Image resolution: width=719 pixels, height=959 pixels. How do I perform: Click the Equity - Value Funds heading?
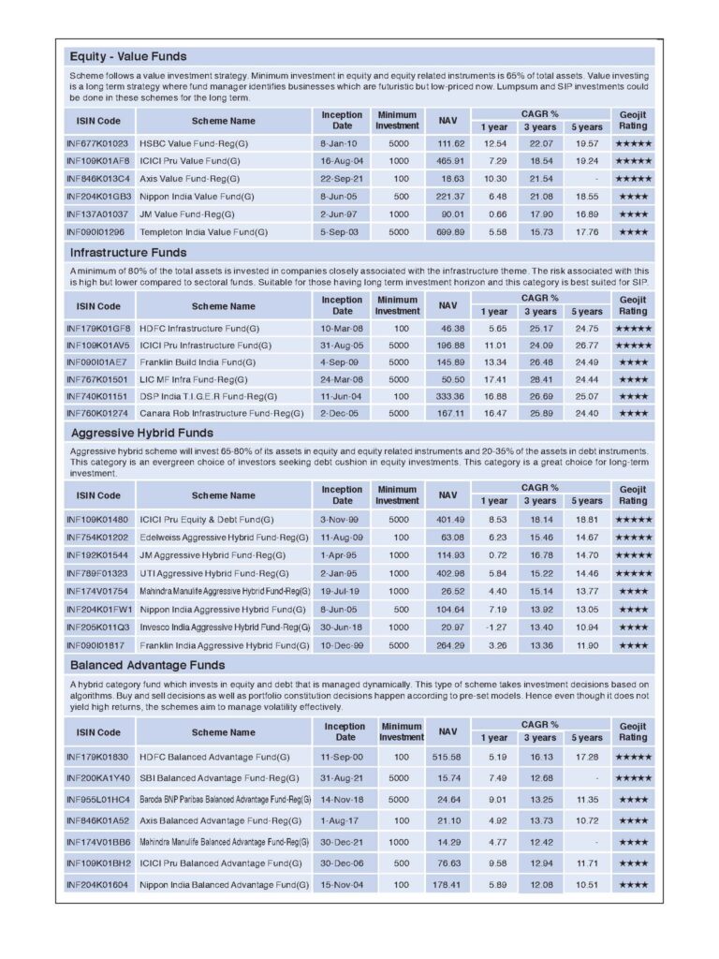[127, 56]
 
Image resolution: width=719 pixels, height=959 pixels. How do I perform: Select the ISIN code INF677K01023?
[97, 143]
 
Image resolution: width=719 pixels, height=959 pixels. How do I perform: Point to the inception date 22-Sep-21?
[342, 179]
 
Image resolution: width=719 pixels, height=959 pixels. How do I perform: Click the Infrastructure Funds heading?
[128, 252]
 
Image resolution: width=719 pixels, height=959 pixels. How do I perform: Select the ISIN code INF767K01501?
[97, 378]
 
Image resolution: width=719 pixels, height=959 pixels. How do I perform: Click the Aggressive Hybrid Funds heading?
[141, 432]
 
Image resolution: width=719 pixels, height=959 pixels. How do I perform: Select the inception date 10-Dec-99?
[342, 644]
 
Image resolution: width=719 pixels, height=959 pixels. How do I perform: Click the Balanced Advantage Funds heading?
[147, 665]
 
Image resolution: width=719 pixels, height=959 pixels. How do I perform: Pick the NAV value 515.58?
[448, 756]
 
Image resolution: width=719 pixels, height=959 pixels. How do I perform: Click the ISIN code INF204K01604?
[97, 884]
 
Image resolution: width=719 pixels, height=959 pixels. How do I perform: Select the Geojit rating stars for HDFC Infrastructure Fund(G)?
[633, 329]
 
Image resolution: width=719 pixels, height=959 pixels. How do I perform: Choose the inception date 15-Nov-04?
[344, 884]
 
